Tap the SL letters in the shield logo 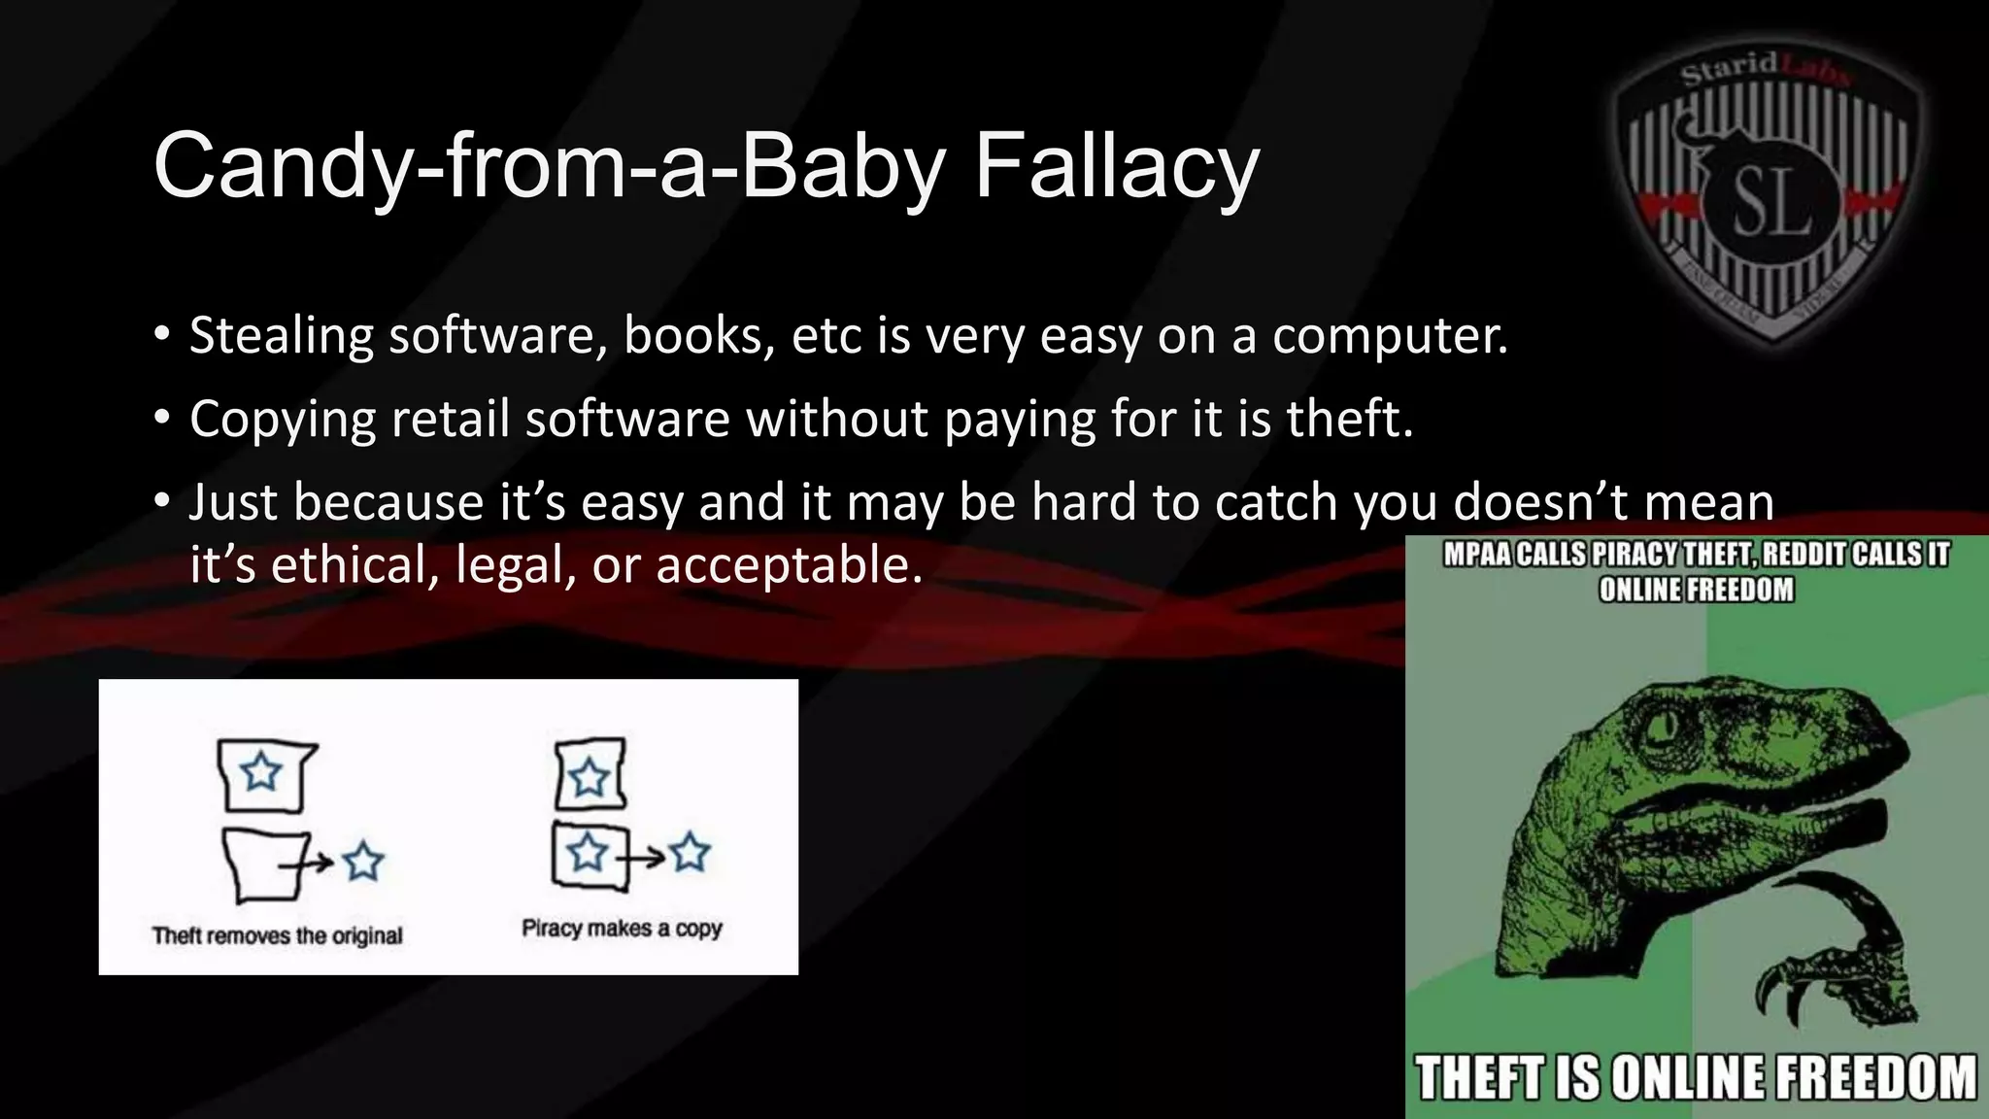coord(1771,205)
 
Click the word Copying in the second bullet coord(283,420)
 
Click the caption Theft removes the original coord(277,935)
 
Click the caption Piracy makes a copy coord(622,929)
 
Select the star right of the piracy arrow coord(691,853)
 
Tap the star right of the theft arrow coord(363,861)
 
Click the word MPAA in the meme coord(1477,555)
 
